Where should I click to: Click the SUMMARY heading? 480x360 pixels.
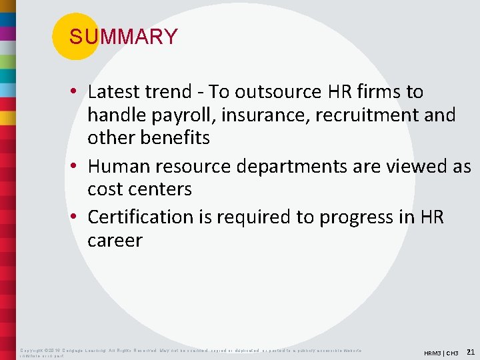click(123, 37)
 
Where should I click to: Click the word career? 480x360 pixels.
click(115, 240)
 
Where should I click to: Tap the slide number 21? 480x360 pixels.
click(470, 351)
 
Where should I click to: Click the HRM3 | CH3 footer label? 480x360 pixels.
click(441, 353)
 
